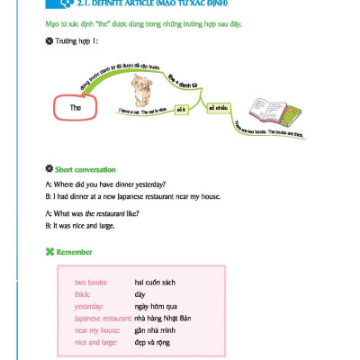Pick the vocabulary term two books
[x=92, y=283]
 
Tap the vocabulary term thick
[x=84, y=294]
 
